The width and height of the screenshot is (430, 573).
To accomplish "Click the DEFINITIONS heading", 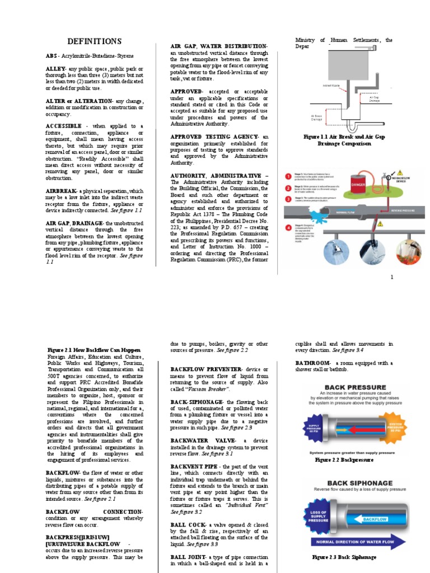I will click(x=94, y=41).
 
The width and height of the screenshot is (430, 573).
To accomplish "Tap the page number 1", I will click(x=392, y=277).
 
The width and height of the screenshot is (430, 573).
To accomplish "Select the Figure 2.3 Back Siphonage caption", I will click(x=344, y=557).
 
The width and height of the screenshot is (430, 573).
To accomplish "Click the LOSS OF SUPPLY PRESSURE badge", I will click(x=321, y=516).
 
